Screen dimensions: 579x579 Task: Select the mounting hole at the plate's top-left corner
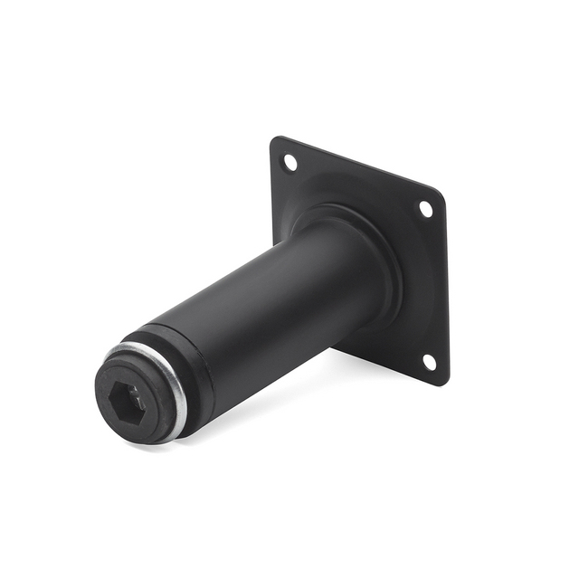tap(289, 163)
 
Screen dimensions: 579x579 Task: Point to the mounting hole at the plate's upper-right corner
tap(424, 209)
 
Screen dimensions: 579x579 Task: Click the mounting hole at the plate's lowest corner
tap(429, 362)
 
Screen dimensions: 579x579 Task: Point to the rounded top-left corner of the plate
tap(274, 141)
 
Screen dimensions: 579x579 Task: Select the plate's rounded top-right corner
tap(441, 196)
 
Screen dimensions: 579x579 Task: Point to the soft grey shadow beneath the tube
tap(271, 398)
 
